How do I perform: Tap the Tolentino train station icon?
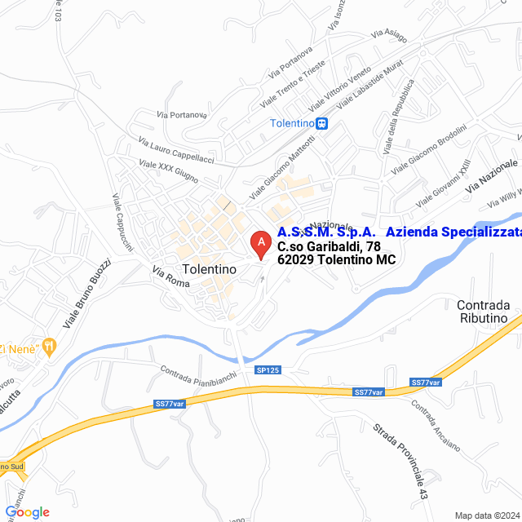coord(323,124)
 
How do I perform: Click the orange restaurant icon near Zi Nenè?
coord(50,345)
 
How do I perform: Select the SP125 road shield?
coord(268,370)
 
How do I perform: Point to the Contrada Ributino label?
coord(482,312)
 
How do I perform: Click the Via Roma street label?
coord(170,277)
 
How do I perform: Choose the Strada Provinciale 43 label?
coord(400,460)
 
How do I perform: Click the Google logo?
coord(27,512)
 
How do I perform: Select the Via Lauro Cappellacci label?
coord(175,150)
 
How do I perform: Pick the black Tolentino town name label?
coord(210,268)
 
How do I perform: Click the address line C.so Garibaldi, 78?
coord(329,246)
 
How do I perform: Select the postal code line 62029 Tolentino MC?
coord(336,260)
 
